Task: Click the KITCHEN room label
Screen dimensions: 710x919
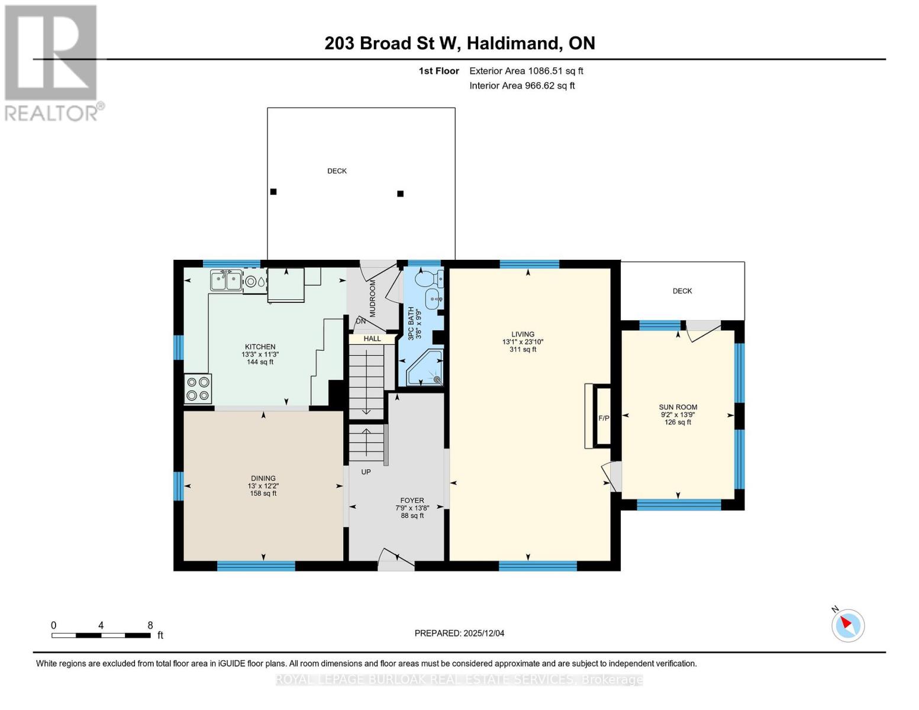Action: pyautogui.click(x=260, y=347)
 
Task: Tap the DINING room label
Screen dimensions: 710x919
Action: pyautogui.click(x=263, y=479)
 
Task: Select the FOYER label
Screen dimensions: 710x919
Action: pyautogui.click(x=412, y=501)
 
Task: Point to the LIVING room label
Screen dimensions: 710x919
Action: pyautogui.click(x=523, y=334)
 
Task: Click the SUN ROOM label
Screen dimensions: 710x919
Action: pyautogui.click(x=678, y=407)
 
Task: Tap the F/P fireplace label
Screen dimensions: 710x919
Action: pyautogui.click(x=604, y=418)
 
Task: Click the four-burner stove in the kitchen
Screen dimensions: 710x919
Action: pyautogui.click(x=198, y=389)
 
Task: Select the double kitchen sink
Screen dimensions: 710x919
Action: pyautogui.click(x=225, y=280)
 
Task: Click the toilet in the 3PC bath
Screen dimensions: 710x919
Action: pyautogui.click(x=429, y=277)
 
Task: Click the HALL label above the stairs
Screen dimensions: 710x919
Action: pyautogui.click(x=372, y=339)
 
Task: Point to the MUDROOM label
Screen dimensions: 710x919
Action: pyautogui.click(x=373, y=299)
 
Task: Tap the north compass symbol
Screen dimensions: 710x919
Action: pyautogui.click(x=848, y=625)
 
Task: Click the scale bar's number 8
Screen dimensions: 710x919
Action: pyautogui.click(x=150, y=625)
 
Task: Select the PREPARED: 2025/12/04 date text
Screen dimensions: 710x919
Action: pyautogui.click(x=459, y=633)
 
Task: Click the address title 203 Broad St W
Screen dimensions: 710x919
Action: pyautogui.click(x=392, y=43)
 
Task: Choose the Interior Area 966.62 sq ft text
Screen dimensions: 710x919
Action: pyautogui.click(x=522, y=86)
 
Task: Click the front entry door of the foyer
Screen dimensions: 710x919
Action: pyautogui.click(x=396, y=560)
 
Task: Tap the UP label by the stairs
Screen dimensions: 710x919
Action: pyautogui.click(x=366, y=472)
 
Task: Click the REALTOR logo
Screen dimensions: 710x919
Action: pyautogui.click(x=52, y=62)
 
